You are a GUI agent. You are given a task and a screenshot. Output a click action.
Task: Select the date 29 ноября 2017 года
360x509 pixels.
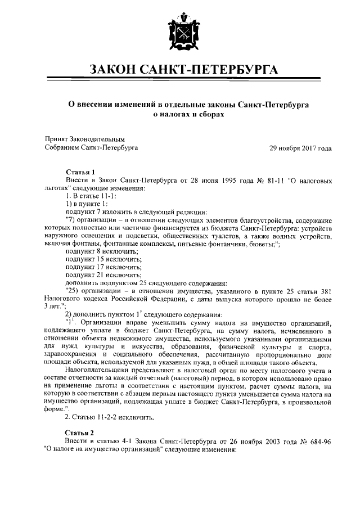(300, 148)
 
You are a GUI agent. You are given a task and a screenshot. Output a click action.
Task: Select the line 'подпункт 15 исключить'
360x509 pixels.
(97, 259)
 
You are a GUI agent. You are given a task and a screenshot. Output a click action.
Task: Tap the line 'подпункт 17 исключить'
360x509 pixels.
(97, 267)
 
